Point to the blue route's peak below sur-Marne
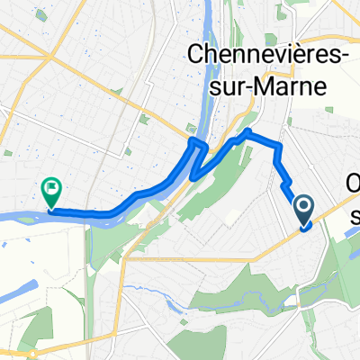246,133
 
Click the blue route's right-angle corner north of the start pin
280,145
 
